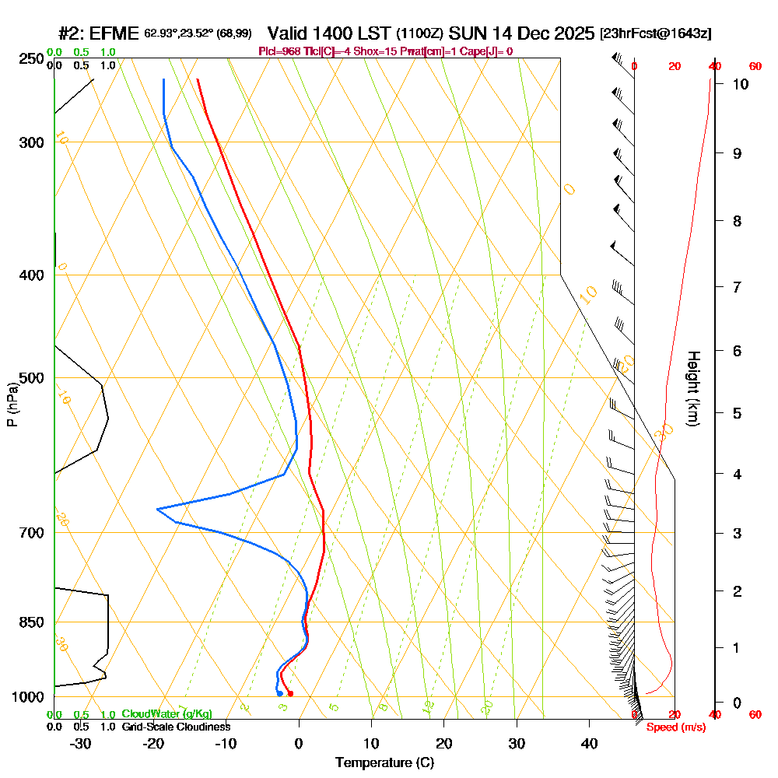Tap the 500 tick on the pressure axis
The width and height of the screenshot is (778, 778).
coord(31,379)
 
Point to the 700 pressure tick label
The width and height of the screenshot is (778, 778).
coord(31,533)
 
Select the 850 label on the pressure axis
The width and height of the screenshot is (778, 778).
coord(31,622)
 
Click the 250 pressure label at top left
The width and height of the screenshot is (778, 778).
coord(31,59)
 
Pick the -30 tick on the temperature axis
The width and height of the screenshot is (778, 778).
coord(81,744)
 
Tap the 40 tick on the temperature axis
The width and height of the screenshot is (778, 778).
coord(590,744)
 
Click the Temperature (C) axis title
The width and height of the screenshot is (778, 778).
coord(384,763)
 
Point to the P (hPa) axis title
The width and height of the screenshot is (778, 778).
coord(12,404)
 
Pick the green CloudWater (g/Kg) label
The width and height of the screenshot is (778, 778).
coord(166,714)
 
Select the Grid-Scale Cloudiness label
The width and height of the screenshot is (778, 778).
coord(176,727)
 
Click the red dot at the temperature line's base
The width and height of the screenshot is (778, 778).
coord(290,693)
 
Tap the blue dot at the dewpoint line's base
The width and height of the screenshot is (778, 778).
coord(279,693)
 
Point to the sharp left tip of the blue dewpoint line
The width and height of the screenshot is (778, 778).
coord(157,509)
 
